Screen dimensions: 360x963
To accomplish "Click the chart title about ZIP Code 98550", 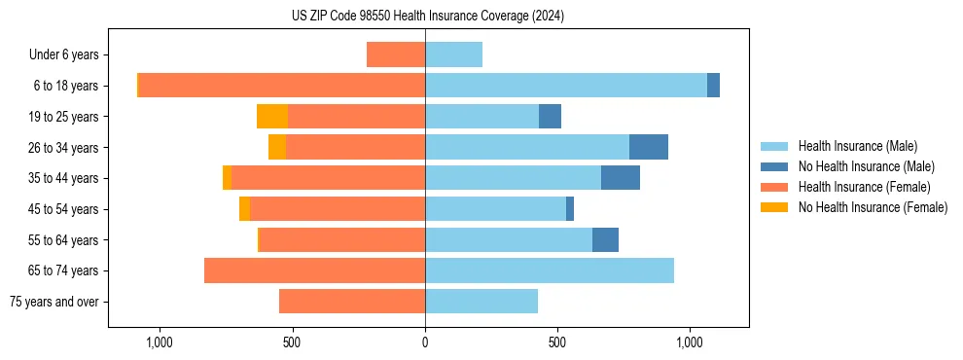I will click(427, 17).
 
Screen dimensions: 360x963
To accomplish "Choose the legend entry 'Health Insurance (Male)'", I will click(857, 146).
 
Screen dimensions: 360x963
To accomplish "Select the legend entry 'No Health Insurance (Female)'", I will click(873, 207).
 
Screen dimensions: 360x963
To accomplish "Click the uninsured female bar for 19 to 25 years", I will click(272, 117).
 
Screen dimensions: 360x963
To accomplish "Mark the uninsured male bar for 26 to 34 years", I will click(649, 147).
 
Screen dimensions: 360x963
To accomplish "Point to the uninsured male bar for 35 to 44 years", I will click(621, 178).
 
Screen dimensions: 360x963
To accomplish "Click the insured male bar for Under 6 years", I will click(453, 54).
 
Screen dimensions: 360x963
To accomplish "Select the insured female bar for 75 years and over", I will click(352, 302).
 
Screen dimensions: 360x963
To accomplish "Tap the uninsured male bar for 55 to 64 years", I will click(605, 239).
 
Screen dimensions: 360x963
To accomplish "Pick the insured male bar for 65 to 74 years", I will click(550, 270).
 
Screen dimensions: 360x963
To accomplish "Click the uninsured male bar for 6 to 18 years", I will click(713, 86).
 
